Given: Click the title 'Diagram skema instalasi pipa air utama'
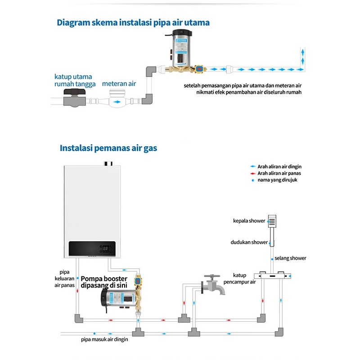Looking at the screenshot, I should point(133,22).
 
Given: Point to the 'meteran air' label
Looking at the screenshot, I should point(119,84).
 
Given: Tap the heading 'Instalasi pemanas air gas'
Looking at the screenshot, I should point(108,148).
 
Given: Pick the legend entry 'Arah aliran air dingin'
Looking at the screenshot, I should point(279,166).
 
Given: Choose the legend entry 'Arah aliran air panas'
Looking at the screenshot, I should point(279,173).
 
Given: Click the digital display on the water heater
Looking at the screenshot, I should point(106,248).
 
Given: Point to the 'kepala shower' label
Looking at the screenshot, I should point(249,221).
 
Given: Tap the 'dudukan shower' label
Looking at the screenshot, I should point(249,242).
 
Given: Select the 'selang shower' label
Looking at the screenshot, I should point(290,258).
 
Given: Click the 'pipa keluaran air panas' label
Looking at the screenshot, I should point(64,278).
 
